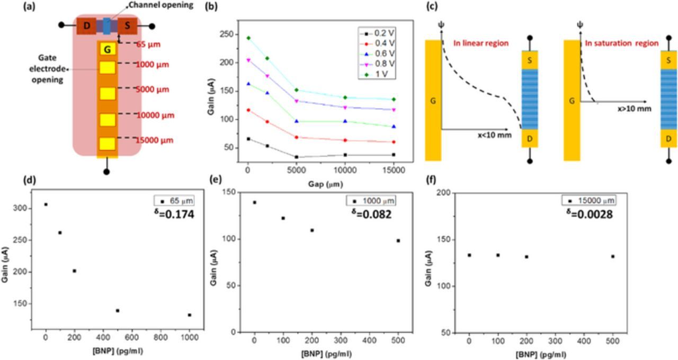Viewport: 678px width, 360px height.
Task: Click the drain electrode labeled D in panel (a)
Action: click(86, 25)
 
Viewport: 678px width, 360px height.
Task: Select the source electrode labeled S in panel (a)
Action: click(127, 25)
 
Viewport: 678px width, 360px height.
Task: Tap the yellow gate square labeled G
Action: click(108, 50)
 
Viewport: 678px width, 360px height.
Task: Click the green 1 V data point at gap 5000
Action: click(296, 90)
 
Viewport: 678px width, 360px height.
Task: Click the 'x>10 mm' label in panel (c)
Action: click(631, 107)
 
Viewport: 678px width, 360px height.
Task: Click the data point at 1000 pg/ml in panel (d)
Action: click(189, 315)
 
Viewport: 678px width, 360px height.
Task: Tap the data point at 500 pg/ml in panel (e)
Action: click(398, 240)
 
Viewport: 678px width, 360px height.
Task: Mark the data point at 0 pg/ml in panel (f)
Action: click(469, 255)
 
